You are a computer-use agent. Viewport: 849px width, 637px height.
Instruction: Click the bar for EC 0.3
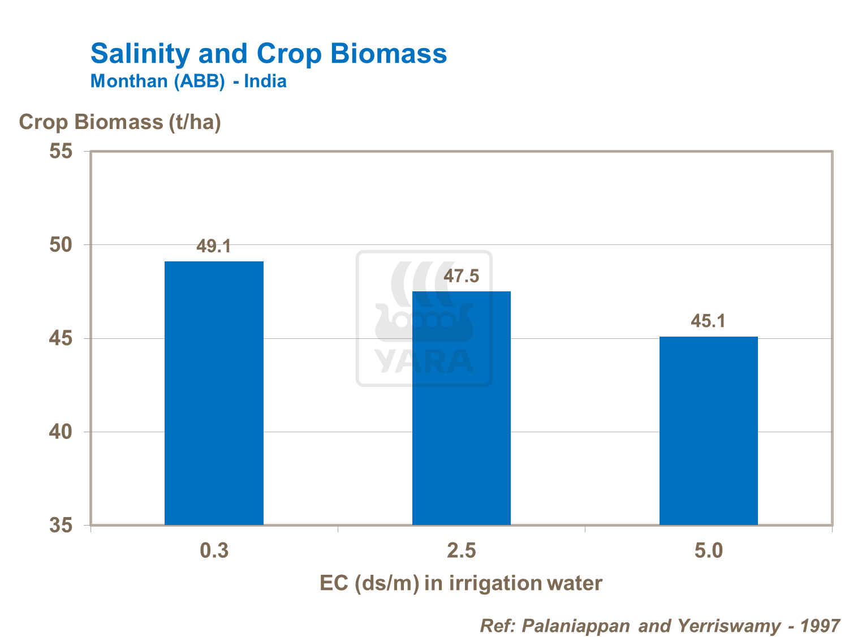214,393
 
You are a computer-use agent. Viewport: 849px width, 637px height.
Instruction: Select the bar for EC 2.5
461,408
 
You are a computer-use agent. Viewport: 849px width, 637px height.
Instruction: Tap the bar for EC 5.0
708,431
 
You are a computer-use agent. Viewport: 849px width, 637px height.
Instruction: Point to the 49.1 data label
214,247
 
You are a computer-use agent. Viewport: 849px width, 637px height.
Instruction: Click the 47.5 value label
461,277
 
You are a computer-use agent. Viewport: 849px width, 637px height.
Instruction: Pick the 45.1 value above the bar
708,321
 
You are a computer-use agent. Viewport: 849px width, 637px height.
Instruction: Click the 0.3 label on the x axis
214,550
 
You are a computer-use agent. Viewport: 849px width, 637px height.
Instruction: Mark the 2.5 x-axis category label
461,550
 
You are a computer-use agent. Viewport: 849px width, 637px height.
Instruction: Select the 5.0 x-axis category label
708,550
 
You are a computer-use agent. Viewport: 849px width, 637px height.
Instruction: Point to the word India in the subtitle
265,81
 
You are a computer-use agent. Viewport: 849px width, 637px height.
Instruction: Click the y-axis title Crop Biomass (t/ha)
120,122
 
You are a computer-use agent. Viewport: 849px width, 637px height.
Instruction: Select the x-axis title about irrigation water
461,583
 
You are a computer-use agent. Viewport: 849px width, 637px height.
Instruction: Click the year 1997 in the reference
821,626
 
